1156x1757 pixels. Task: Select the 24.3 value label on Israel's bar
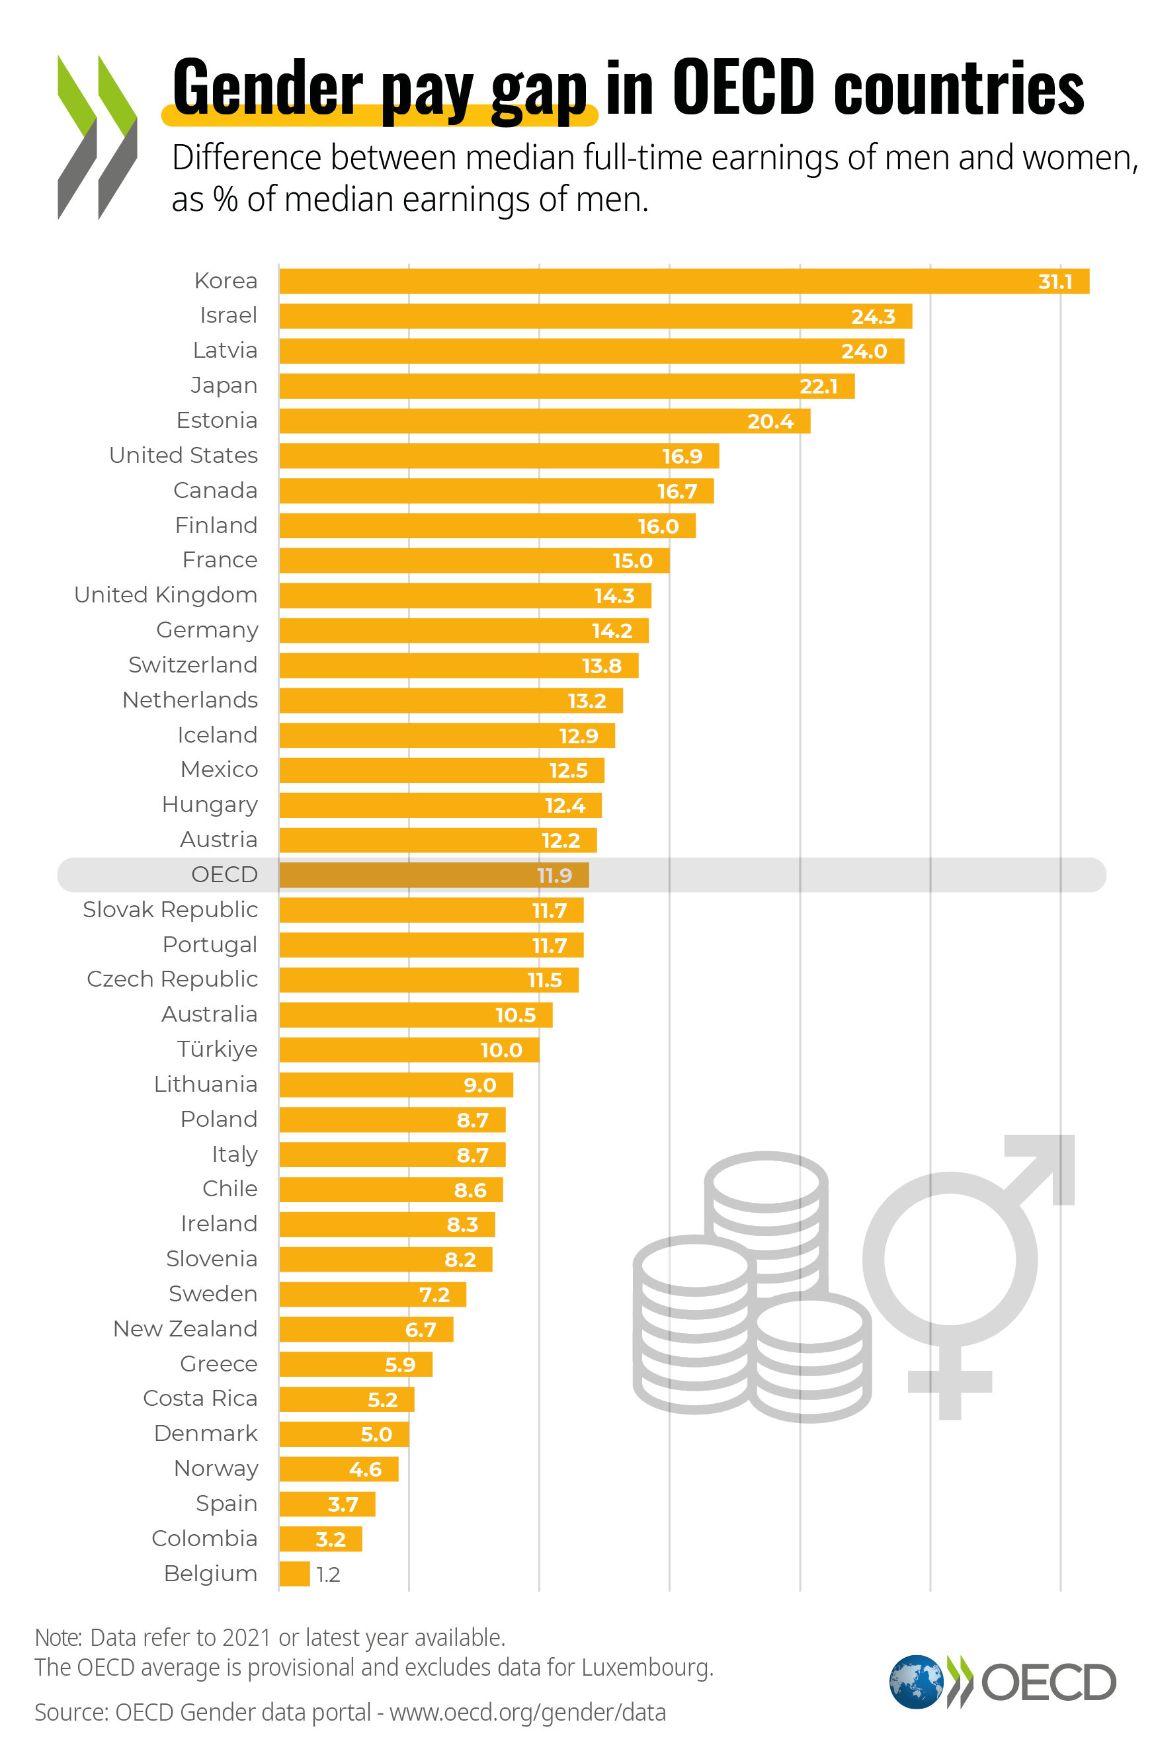coord(872,317)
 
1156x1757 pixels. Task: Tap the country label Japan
coord(224,386)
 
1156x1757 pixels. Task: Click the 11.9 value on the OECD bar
coord(554,876)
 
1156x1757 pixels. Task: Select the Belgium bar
coord(294,1574)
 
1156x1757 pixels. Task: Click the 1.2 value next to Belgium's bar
coord(328,1574)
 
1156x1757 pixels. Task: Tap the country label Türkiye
coord(217,1049)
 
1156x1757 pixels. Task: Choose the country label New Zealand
coord(185,1328)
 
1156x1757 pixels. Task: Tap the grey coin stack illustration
coord(751,1292)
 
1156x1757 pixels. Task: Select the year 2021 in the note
coord(247,1637)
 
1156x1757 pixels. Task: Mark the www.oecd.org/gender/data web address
coord(527,1712)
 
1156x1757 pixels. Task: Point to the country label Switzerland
coord(192,665)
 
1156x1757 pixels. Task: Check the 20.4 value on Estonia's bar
coord(770,421)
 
